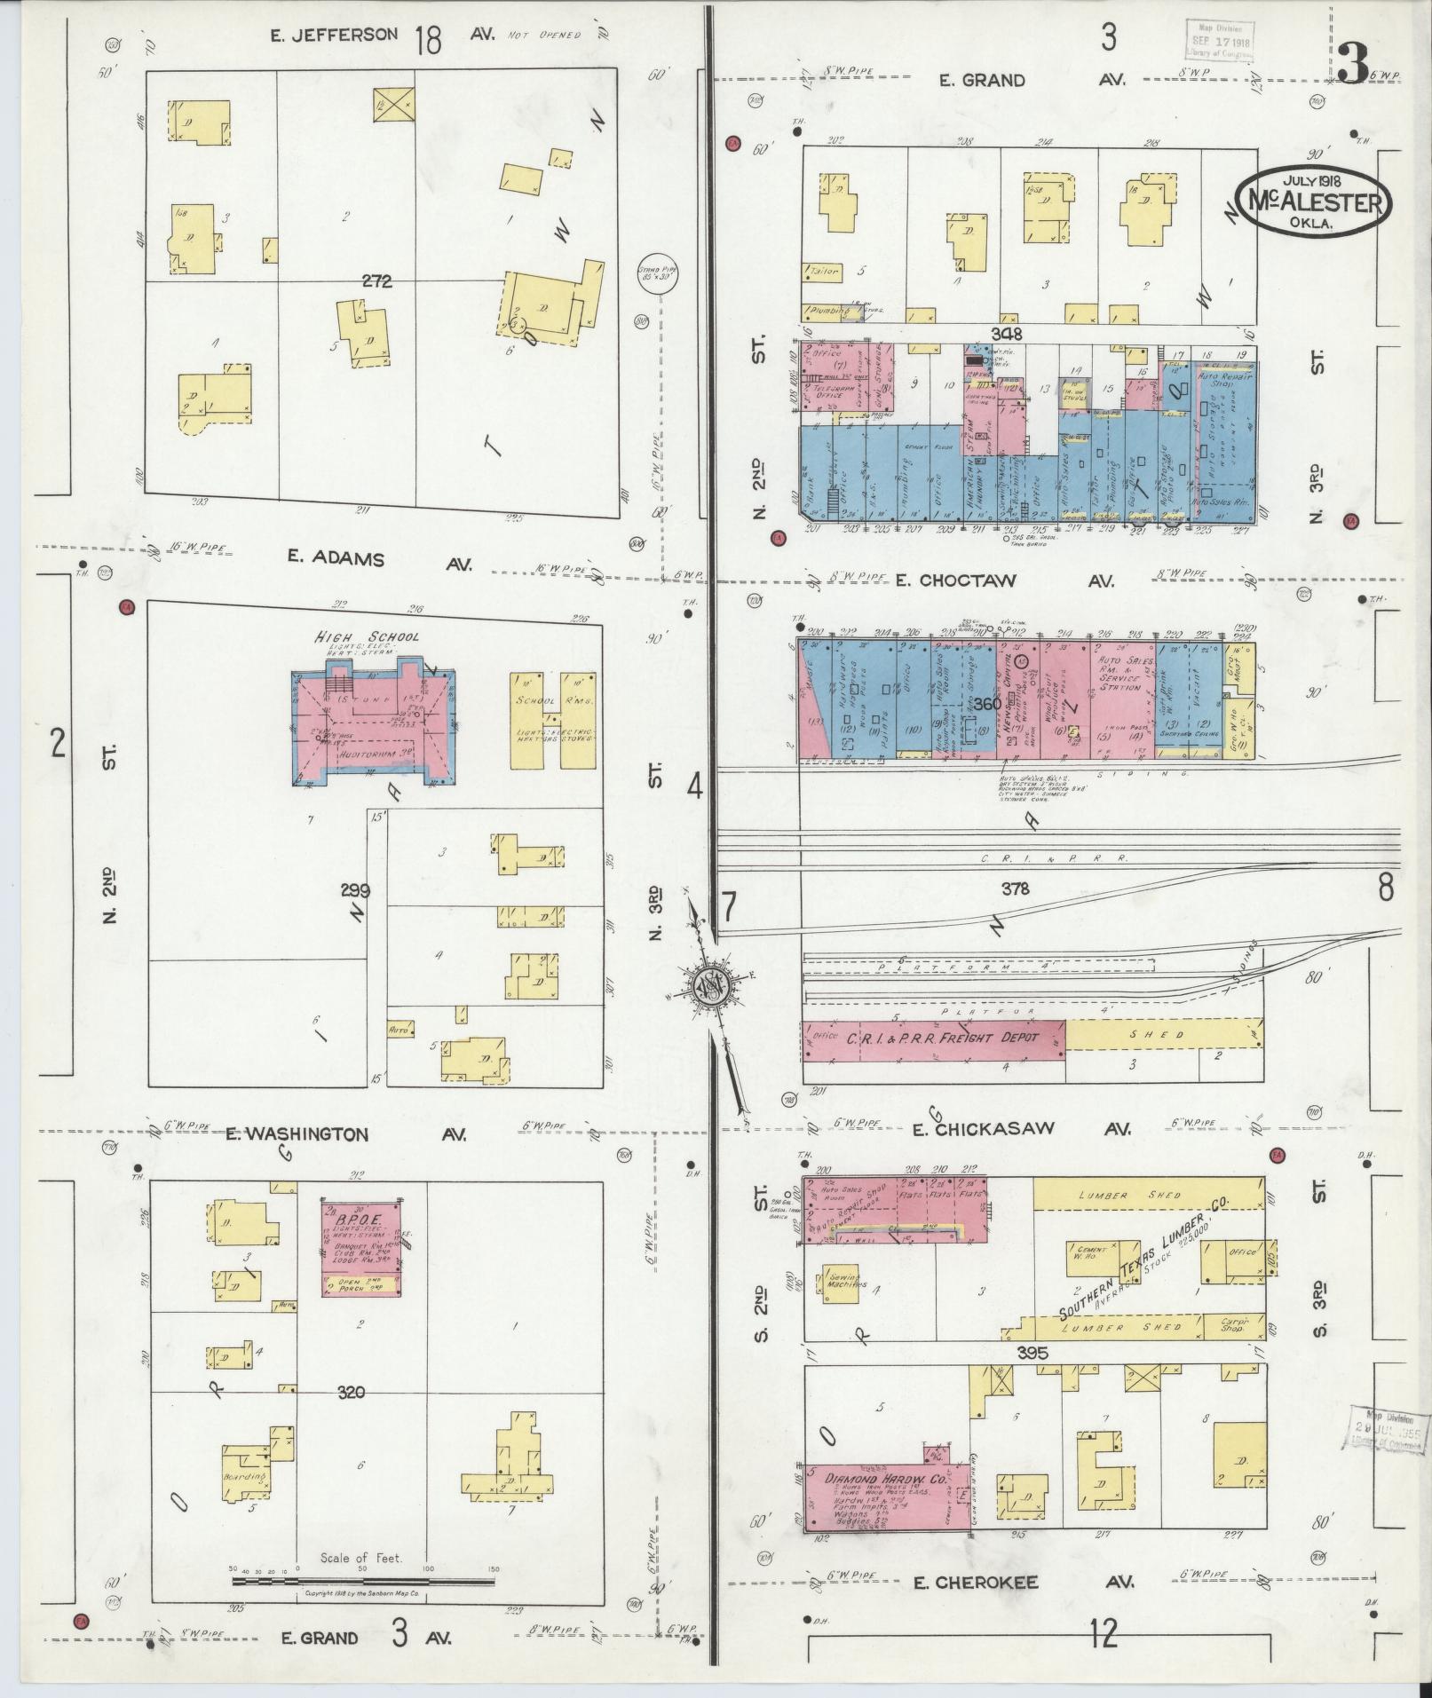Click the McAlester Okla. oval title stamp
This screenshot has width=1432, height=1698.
coord(1312,202)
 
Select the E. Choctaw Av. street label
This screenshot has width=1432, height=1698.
coord(1017,580)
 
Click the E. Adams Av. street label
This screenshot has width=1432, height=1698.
coord(379,559)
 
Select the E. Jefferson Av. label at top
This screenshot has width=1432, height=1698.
coord(382,36)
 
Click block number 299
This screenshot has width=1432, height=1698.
coord(353,890)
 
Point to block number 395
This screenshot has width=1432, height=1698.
coord(1034,1378)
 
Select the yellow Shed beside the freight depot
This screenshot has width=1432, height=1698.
coord(1163,1034)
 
